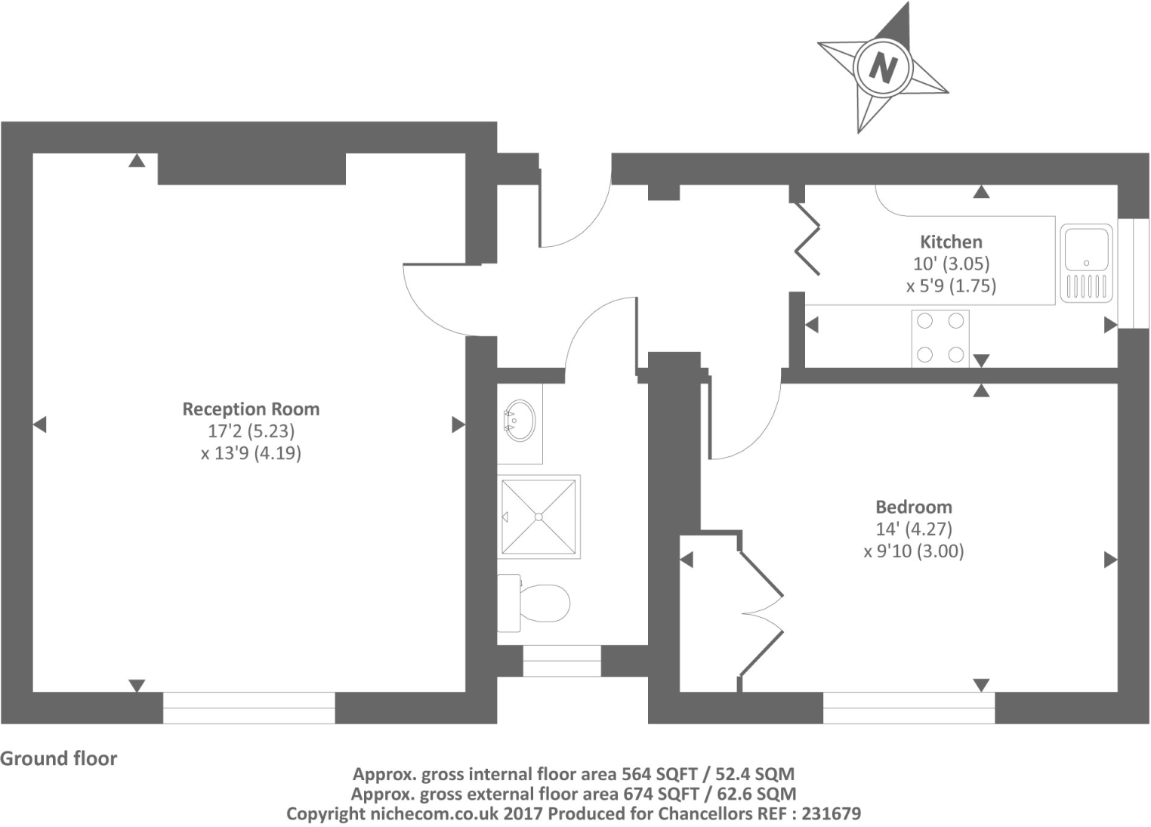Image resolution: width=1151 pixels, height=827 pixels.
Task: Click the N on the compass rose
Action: (x=882, y=68)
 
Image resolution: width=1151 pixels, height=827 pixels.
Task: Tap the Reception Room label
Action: (x=251, y=409)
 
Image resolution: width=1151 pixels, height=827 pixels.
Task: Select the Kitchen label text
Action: (x=951, y=242)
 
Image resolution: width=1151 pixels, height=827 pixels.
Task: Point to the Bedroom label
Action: (x=913, y=507)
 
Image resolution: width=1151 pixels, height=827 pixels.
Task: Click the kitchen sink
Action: (x=1086, y=263)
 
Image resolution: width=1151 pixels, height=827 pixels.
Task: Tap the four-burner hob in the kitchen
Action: (x=940, y=338)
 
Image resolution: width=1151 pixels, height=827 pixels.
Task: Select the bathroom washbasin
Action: (x=519, y=421)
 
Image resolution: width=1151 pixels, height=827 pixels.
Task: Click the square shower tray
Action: (x=538, y=517)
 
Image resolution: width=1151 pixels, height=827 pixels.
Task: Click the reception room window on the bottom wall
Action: (x=249, y=708)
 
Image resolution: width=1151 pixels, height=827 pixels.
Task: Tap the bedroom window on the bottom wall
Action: (x=909, y=708)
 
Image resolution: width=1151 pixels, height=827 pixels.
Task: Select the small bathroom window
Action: (x=562, y=661)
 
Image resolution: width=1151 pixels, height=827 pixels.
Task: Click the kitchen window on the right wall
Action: (x=1133, y=273)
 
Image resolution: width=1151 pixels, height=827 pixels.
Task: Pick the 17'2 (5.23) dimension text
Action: (x=251, y=431)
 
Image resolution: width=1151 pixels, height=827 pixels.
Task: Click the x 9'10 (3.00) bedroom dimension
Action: (x=913, y=551)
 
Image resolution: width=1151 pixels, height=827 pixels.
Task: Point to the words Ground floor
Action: (x=59, y=758)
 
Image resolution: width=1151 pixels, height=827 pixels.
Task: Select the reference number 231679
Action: (x=831, y=814)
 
